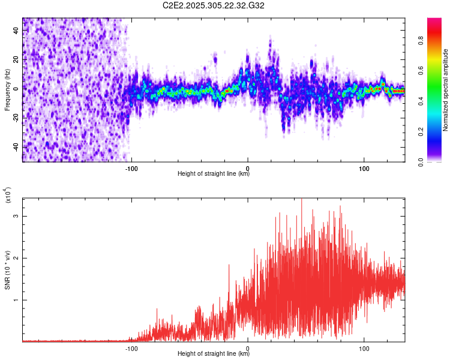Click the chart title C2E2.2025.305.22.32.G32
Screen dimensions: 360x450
pyautogui.click(x=214, y=6)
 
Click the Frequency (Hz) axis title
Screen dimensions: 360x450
pyautogui.click(x=7, y=90)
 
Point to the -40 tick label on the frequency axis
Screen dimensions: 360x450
pyautogui.click(x=16, y=147)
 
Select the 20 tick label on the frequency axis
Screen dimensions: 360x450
pyautogui.click(x=16, y=59)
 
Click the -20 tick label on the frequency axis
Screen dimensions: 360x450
pyautogui.click(x=16, y=118)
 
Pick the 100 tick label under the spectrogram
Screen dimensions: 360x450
pyautogui.click(x=364, y=168)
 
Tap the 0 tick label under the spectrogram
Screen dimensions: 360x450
pyautogui.click(x=248, y=168)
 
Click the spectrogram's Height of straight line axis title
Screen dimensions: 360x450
pyautogui.click(x=214, y=174)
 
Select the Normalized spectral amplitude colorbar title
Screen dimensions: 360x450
pyautogui.click(x=446, y=89)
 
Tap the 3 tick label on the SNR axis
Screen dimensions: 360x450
pyautogui.click(x=16, y=215)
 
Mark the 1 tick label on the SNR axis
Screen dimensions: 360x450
pyautogui.click(x=16, y=300)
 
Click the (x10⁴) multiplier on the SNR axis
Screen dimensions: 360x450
pyautogui.click(x=8, y=196)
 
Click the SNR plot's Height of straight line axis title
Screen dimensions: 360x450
pyautogui.click(x=214, y=354)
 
